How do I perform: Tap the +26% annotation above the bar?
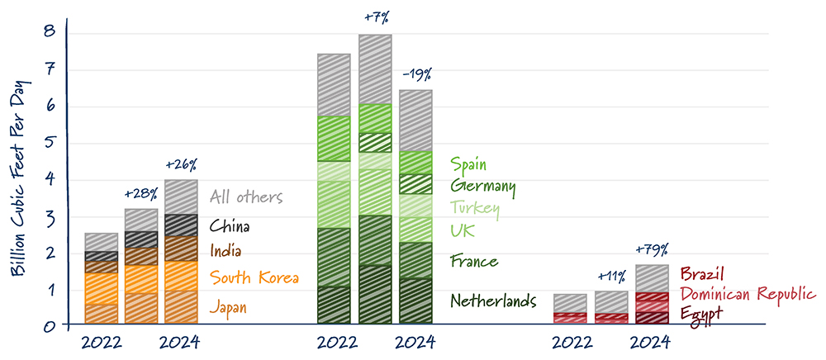click(x=180, y=164)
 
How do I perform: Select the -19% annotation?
click(x=415, y=74)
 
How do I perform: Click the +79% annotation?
click(x=652, y=249)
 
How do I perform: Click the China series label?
click(x=230, y=225)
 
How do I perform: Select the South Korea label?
click(x=254, y=277)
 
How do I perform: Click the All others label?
click(x=246, y=197)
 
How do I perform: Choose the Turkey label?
click(x=475, y=208)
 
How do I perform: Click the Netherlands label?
click(x=493, y=301)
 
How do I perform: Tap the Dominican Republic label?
click(x=748, y=294)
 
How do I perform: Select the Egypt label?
click(x=703, y=312)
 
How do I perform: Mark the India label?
click(x=227, y=250)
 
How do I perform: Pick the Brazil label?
click(x=702, y=274)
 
